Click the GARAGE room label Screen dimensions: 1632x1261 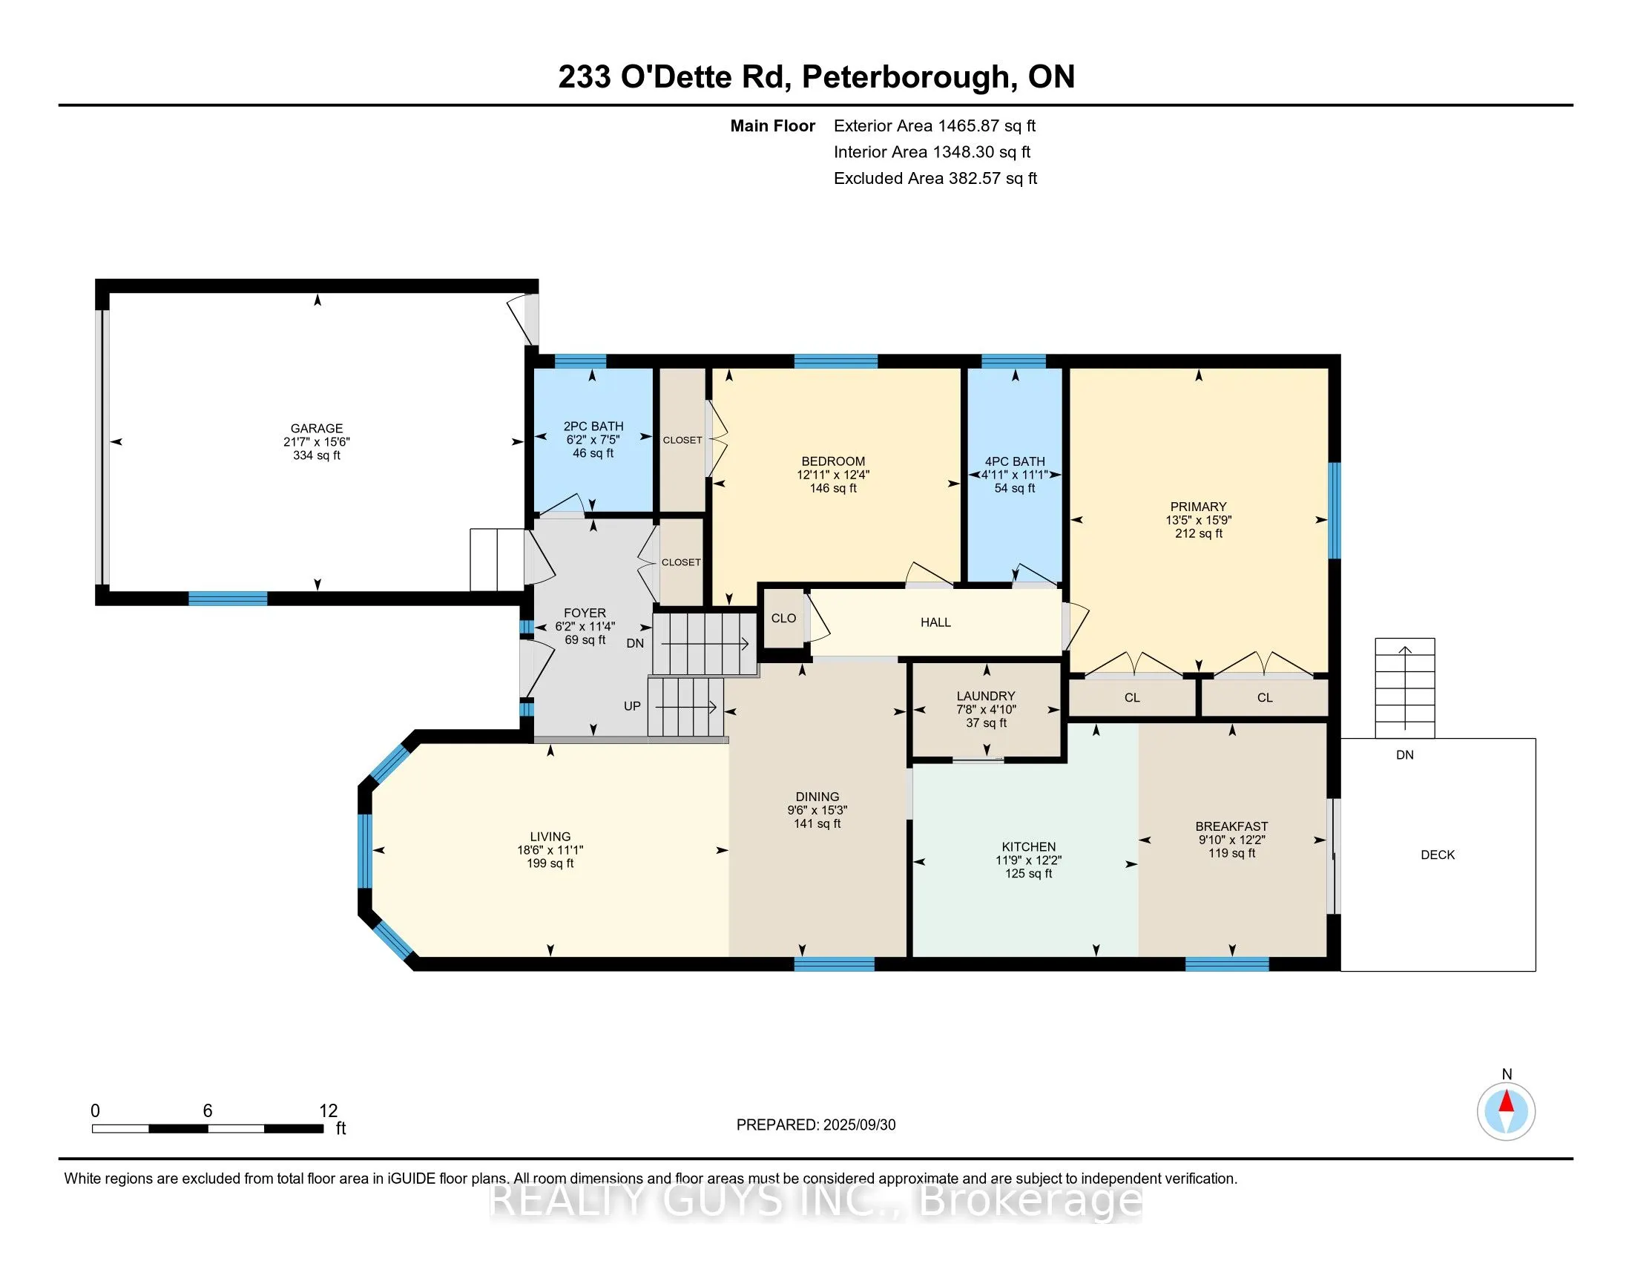pos(316,428)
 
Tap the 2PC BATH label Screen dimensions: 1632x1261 pos(593,427)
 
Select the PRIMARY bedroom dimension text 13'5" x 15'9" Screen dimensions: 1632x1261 pos(1199,520)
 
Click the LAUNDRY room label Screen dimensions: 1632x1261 pos(986,697)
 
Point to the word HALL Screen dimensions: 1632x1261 pos(935,622)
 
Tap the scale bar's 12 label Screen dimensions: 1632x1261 pos(329,1111)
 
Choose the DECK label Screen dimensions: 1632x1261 pos(1438,855)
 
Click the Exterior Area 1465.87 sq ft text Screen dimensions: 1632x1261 pos(935,125)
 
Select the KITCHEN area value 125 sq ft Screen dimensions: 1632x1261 pos(1028,873)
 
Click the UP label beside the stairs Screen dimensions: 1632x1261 pos(632,706)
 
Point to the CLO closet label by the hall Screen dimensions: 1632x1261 pos(784,619)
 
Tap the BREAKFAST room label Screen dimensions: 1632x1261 pos(1231,826)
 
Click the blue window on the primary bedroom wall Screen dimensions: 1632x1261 pos(1335,510)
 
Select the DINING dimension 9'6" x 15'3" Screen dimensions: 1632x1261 pos(817,810)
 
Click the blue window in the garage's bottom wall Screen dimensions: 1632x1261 pos(228,599)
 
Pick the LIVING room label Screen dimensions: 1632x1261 pos(550,837)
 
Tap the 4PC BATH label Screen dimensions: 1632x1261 pos(1015,461)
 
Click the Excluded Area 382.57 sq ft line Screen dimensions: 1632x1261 pos(935,178)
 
